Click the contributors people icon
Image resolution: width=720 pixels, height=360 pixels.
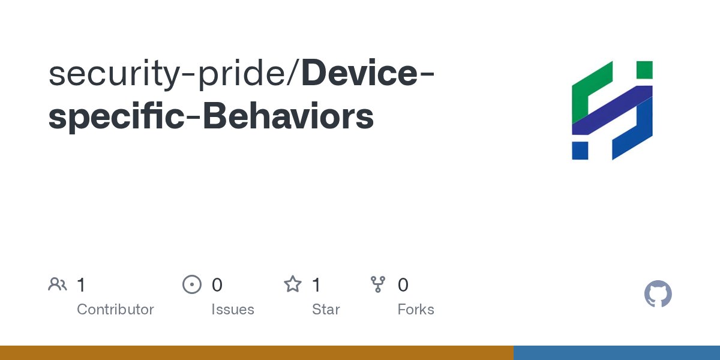(x=58, y=284)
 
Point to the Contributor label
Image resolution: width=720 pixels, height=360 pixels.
(x=115, y=310)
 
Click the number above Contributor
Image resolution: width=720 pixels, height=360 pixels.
(x=81, y=284)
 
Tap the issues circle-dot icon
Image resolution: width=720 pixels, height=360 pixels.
(x=191, y=284)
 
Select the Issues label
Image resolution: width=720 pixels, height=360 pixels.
(x=232, y=310)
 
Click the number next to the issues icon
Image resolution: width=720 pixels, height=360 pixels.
(x=217, y=284)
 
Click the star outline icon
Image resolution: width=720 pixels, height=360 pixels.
(x=292, y=284)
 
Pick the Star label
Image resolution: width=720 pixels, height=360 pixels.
(x=326, y=310)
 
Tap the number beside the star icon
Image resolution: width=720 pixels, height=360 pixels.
(x=316, y=284)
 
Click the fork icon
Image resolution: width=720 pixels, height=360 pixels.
(x=378, y=284)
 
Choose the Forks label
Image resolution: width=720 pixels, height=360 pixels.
(x=416, y=310)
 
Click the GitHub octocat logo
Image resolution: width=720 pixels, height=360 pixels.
(x=658, y=294)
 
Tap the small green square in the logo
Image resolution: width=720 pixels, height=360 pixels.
(x=644, y=69)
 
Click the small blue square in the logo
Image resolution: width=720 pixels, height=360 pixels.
(x=580, y=151)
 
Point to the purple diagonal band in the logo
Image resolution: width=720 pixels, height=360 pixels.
(x=612, y=110)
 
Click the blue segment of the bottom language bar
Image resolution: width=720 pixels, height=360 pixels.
(x=616, y=353)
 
